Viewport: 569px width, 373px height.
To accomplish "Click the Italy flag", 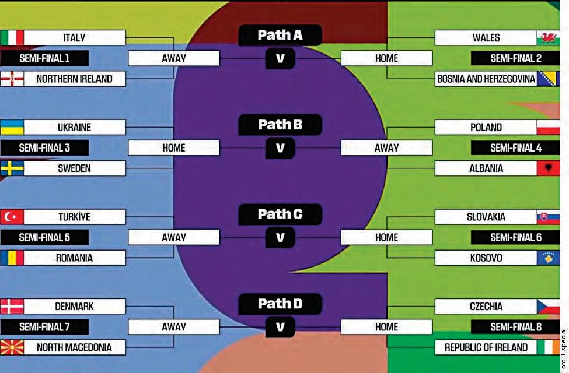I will click(x=12, y=38).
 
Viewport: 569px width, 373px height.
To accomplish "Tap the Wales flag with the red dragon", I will click(x=548, y=38).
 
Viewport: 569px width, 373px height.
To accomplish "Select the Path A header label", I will click(x=280, y=36).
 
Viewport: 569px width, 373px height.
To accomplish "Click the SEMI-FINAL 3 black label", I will click(x=44, y=148).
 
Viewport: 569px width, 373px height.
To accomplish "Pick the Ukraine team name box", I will click(x=75, y=128).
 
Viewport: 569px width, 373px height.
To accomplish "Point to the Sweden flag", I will click(x=12, y=168).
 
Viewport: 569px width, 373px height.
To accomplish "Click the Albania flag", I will click(x=548, y=168).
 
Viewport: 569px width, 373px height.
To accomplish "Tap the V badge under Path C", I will click(x=280, y=237).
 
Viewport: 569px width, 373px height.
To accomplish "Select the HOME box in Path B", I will click(x=173, y=148).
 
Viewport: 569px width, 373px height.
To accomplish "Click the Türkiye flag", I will click(x=12, y=217).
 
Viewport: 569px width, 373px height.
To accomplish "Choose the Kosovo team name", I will click(x=486, y=258).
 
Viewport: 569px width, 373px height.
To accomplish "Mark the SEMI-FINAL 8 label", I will click(x=515, y=327).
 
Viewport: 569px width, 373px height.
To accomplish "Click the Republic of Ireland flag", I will click(x=548, y=347).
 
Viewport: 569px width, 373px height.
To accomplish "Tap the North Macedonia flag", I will click(x=12, y=347).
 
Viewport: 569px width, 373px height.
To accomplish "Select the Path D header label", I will click(x=280, y=304).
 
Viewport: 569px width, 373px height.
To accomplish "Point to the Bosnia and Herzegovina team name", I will click(x=486, y=79).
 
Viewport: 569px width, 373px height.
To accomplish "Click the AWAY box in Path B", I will click(x=386, y=148).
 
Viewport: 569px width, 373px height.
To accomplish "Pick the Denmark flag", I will click(x=12, y=307).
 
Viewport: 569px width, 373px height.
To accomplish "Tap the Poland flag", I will click(x=548, y=128).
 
